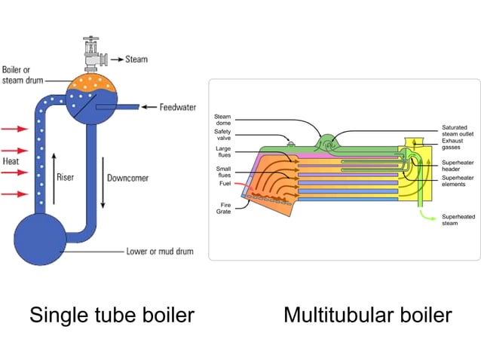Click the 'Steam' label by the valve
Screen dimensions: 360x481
click(x=136, y=59)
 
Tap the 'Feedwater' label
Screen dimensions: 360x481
click(x=178, y=107)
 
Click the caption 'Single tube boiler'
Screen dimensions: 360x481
click(x=112, y=315)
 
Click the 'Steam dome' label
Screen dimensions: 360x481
click(x=223, y=121)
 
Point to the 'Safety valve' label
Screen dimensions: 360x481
click(x=222, y=135)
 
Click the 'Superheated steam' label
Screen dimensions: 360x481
click(x=458, y=220)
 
